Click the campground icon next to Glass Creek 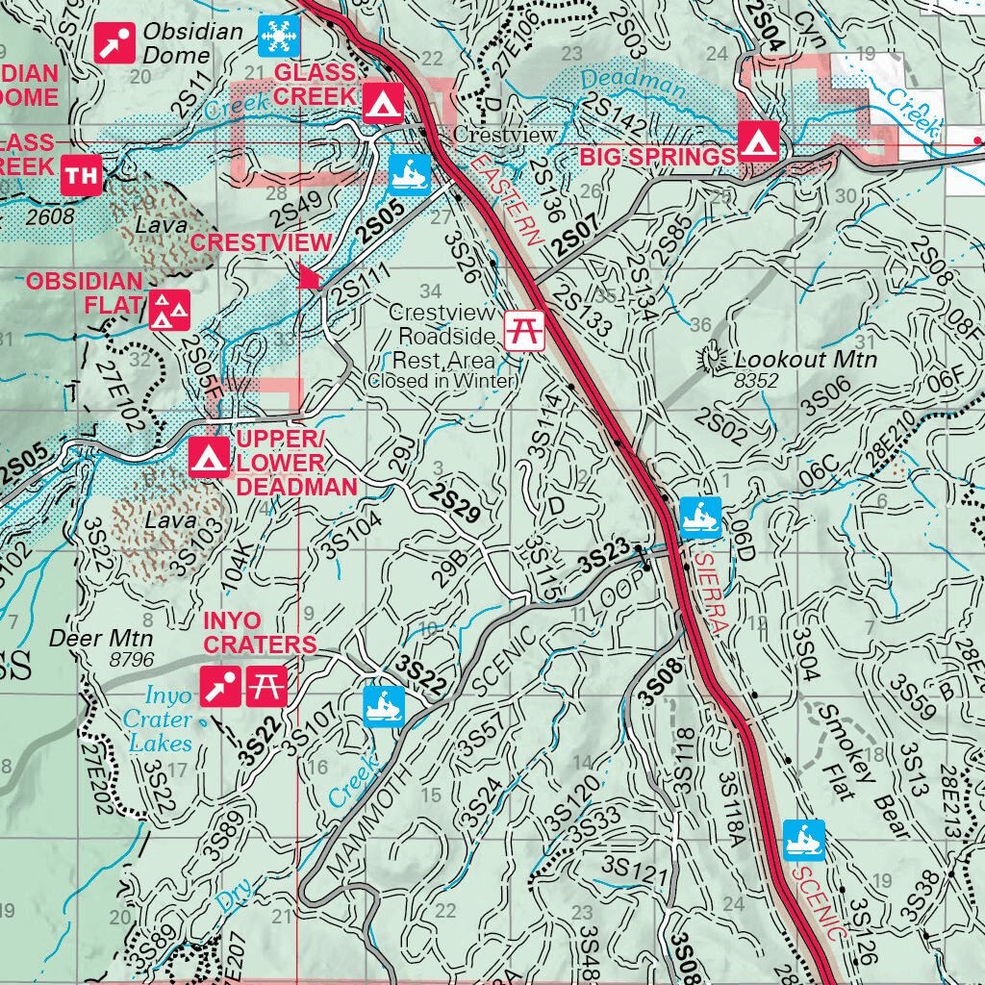coord(383,100)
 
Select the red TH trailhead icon coord(82,175)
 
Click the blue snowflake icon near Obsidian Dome coord(279,36)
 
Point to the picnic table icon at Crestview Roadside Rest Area coord(526,329)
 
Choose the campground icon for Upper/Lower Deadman coord(208,458)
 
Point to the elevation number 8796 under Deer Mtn coord(133,660)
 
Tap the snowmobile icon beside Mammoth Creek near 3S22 coord(384,706)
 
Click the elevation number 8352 coord(755,381)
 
